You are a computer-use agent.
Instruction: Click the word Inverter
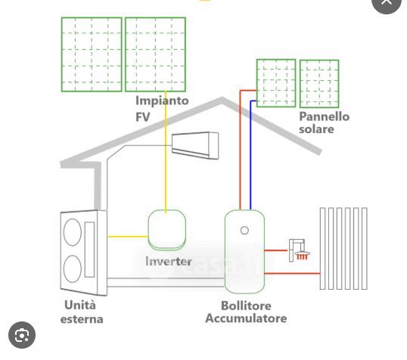169,262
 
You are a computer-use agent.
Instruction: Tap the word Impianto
162,101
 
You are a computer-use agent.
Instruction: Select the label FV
143,117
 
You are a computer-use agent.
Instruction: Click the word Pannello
325,116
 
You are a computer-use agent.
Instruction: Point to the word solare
316,129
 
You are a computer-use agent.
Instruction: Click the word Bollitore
246,306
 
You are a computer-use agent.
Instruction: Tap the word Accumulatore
246,318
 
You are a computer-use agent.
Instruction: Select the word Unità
80,305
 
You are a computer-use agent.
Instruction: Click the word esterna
82,319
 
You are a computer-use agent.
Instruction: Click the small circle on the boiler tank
244,230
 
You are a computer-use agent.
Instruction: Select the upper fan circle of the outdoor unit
73,232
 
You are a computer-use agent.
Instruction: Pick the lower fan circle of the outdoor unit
73,268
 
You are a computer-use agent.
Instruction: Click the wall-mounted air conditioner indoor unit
195,145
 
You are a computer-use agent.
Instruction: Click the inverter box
167,230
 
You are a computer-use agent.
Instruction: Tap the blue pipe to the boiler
250,155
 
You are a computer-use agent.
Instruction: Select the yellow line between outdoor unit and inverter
128,237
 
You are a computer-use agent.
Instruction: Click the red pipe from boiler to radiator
292,273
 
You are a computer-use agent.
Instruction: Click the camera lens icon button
22,335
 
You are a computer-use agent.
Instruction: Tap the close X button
387,2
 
